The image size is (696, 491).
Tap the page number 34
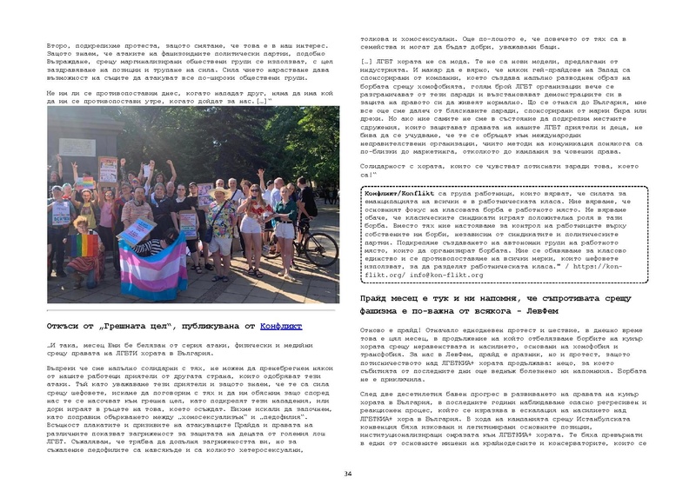[347, 473]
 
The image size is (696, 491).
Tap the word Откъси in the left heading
[62, 327]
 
